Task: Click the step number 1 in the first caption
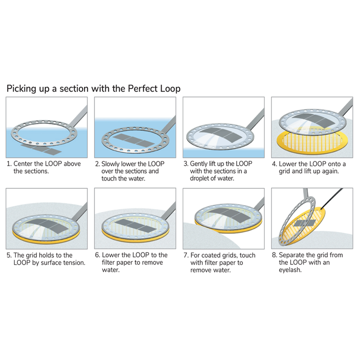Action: click(x=9, y=164)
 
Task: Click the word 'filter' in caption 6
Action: click(x=108, y=262)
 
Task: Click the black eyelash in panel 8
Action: click(x=332, y=198)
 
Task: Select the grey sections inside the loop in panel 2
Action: click(x=134, y=140)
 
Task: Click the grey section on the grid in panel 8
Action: click(x=304, y=223)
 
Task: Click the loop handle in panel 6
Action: click(x=168, y=211)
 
